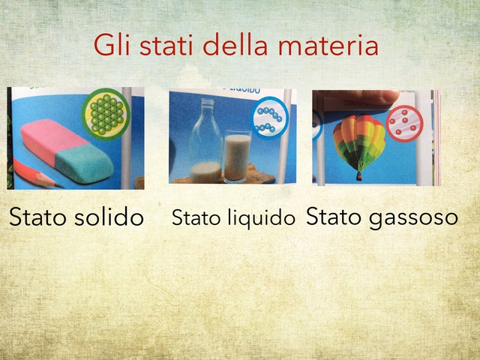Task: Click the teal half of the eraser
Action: pyautogui.click(x=84, y=162)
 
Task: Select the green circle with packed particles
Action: pyautogui.click(x=106, y=113)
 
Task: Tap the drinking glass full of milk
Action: pyautogui.click(x=237, y=156)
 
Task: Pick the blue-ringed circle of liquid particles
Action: pyautogui.click(x=268, y=118)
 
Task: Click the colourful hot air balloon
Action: pyautogui.click(x=358, y=139)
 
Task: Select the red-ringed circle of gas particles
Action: pyautogui.click(x=404, y=122)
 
